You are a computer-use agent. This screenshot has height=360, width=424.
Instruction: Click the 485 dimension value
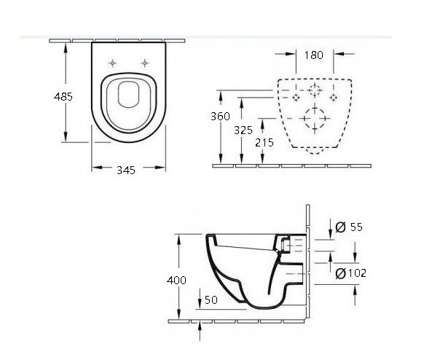63,97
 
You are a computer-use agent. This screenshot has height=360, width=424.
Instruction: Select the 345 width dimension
126,170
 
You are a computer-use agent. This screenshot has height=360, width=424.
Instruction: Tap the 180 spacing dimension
314,55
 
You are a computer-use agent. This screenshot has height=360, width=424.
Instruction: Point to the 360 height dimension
221,117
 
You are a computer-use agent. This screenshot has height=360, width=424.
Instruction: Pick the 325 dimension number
243,130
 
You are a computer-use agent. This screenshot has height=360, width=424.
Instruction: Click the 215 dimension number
264,143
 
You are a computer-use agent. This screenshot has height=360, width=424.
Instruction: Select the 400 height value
176,281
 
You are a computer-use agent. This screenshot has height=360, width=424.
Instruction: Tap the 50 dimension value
211,300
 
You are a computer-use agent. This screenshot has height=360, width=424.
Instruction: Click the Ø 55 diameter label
349,227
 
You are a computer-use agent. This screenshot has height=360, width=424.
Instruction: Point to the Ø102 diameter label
351,273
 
